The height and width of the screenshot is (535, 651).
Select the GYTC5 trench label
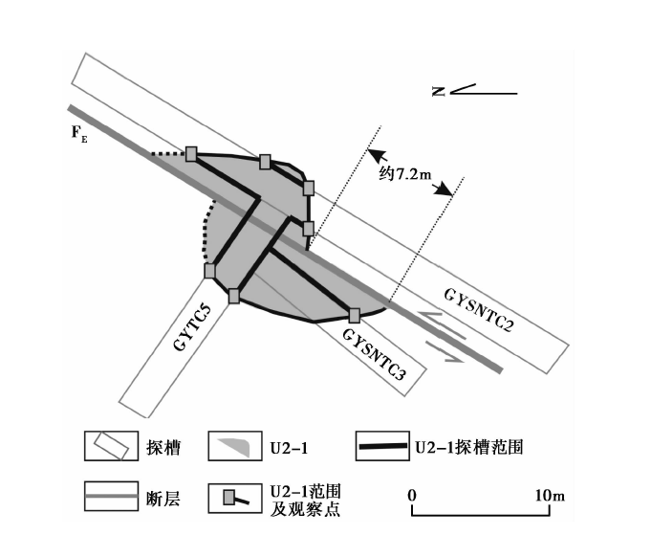click(x=193, y=326)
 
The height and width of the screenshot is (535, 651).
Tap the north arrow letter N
click(x=438, y=92)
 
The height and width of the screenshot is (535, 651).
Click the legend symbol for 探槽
click(x=110, y=446)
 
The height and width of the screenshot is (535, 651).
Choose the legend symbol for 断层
click(x=110, y=496)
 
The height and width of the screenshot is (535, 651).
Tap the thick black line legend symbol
click(x=384, y=446)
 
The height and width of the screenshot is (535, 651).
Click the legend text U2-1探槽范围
click(x=468, y=446)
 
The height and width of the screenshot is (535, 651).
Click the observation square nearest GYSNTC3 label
click(x=354, y=315)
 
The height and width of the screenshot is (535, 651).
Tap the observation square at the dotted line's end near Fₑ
click(x=191, y=153)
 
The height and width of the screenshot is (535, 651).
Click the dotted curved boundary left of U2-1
click(x=204, y=234)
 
